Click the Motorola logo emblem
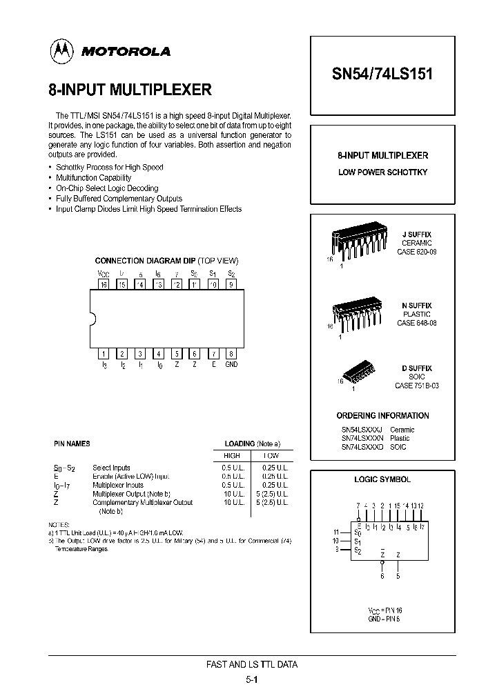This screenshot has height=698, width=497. coord(61,51)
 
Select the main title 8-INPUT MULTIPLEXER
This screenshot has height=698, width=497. coord(130,90)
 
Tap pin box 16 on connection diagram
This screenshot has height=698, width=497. coord(104,283)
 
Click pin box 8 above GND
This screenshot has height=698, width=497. coord(231,353)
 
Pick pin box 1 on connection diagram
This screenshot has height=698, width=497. coord(104,353)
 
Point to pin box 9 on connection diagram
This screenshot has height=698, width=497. coord(231,283)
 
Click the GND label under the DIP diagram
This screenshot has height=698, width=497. coord(231,364)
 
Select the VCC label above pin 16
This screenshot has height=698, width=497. coord(104,274)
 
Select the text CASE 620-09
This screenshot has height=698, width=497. coord(416,252)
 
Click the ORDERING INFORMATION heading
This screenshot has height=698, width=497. coord(382,416)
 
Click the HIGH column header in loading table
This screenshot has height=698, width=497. coord(232,456)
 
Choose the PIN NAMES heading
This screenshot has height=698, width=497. coord(72,443)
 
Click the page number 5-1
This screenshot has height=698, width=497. coord(252,679)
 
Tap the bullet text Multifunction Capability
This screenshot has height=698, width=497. coord(93,177)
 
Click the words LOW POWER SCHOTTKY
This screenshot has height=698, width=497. coord(382,172)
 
